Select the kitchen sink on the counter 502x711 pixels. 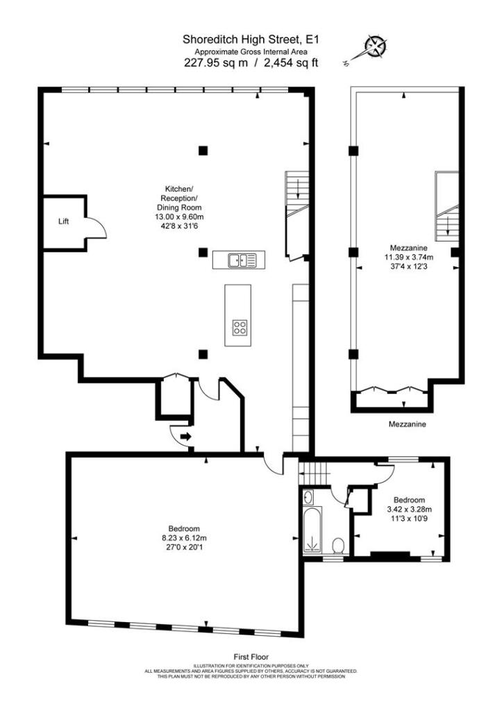tap(240, 260)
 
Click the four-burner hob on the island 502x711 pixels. tap(240, 327)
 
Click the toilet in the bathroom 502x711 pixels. tap(338, 544)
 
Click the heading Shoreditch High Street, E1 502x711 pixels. tap(251, 40)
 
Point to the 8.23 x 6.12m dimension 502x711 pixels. tap(181, 537)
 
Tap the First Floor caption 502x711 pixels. tap(251, 656)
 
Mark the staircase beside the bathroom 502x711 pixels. tap(317, 474)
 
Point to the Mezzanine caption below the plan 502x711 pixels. tap(407, 424)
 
